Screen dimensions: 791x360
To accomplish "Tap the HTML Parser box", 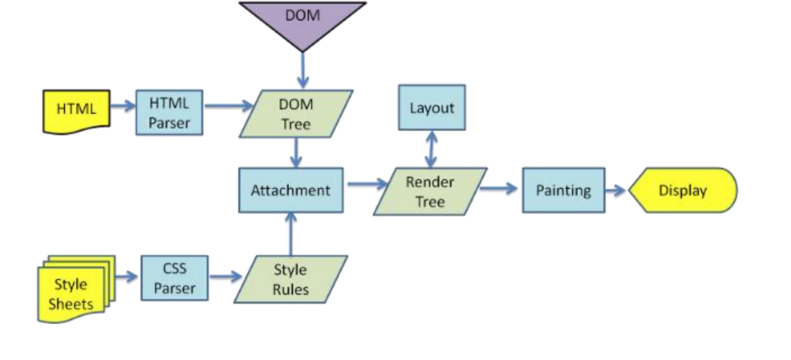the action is [169, 112].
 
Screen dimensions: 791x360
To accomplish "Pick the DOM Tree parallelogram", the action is [296, 114].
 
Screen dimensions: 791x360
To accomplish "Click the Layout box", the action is [432, 108].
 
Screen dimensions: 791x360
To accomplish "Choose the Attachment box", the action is [291, 190].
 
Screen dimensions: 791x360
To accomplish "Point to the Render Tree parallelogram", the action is [430, 191].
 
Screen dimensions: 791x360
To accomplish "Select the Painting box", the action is [563, 190].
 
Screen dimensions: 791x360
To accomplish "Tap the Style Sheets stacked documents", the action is [75, 289].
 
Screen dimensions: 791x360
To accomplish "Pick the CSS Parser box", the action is [175, 278].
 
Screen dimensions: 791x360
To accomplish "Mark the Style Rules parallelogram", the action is [291, 279].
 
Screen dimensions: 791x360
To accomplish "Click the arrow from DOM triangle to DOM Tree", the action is [303, 70].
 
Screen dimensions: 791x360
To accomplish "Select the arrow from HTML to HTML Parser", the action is [123, 106].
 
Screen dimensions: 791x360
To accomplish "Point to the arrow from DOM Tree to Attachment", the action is [296, 152].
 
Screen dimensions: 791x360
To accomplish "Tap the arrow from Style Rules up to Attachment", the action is [291, 234].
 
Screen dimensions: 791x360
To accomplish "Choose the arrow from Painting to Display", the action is [616, 191].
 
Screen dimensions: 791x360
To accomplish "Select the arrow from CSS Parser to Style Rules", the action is [225, 276].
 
